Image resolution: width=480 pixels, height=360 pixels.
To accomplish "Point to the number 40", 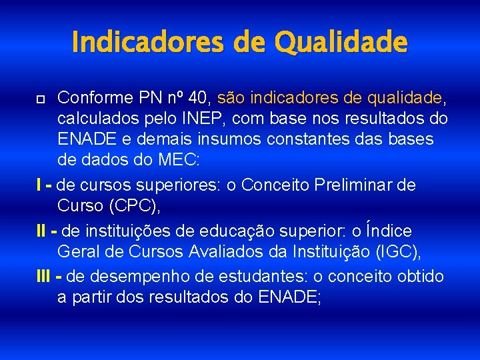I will [x=198, y=99].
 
